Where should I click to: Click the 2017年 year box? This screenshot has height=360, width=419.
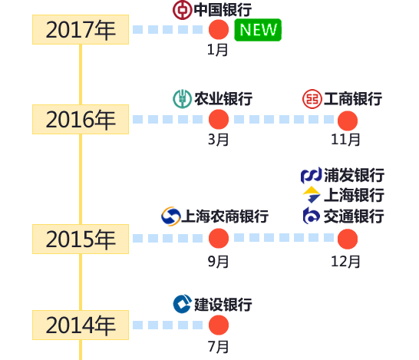pos(81,29)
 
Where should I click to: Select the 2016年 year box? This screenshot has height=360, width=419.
pos(81,119)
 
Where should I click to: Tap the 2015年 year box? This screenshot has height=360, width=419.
pos(81,239)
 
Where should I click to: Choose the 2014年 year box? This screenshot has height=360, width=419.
pos(81,325)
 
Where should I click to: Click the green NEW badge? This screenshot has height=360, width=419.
pos(258,30)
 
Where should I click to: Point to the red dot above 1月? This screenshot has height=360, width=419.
pos(219,29)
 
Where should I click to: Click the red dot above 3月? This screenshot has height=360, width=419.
pos(219,119)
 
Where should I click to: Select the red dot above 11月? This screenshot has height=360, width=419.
pos(348,121)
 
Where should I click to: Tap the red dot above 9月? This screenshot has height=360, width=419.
pos(219,239)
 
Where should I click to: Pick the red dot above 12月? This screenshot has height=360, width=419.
pos(348,239)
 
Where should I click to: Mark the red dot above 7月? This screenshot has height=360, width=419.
pos(219,325)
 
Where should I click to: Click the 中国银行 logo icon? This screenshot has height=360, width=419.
pos(182,10)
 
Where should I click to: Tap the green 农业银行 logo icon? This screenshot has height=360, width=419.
pos(182,99)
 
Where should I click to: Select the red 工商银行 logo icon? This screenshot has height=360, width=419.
pos(312,99)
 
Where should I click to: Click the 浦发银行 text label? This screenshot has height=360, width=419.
pos(354,175)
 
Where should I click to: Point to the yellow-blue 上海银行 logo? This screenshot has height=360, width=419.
pos(312,194)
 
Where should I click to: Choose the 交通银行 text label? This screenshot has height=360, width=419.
pos(354,216)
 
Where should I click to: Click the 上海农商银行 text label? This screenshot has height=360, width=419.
pos(225,216)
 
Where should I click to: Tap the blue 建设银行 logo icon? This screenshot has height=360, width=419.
pos(183,304)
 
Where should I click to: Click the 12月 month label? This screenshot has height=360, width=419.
pos(345,262)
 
